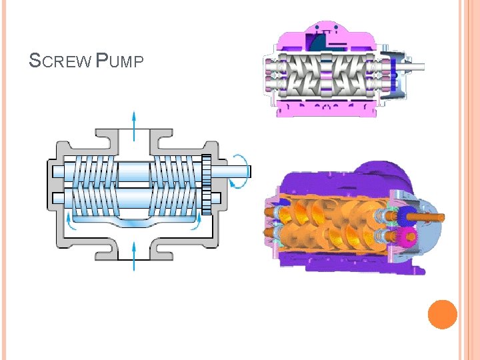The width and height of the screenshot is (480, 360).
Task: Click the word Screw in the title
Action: (x=60, y=60)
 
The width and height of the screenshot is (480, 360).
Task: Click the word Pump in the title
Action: (x=119, y=60)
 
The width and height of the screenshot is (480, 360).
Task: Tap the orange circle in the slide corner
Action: (x=443, y=315)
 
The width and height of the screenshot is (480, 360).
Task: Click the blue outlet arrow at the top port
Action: (x=134, y=126)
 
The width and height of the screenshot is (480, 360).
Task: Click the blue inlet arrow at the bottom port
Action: (x=134, y=256)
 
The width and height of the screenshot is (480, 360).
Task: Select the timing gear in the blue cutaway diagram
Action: (x=207, y=185)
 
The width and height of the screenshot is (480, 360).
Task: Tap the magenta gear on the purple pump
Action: (x=408, y=236)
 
